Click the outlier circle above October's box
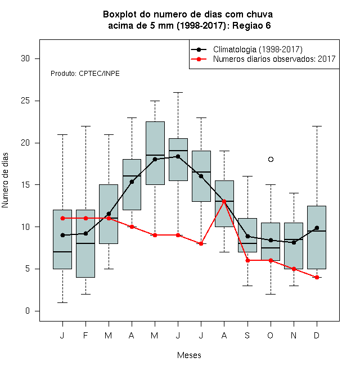click(271, 159)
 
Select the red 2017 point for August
click(224, 201)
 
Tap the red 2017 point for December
click(317, 277)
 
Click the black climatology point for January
click(62, 235)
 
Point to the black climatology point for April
click(132, 182)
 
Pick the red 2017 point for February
click(85, 218)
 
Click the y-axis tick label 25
click(25, 101)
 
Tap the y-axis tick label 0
click(28, 311)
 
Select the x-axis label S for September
click(247, 335)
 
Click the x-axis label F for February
click(85, 335)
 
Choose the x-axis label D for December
click(317, 335)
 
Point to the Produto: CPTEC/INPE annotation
click(85, 74)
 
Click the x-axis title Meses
click(189, 355)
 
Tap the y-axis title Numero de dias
click(5, 180)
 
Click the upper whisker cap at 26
click(178, 93)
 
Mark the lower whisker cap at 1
click(62, 302)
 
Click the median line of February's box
click(85, 243)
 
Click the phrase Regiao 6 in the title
click(251, 25)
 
